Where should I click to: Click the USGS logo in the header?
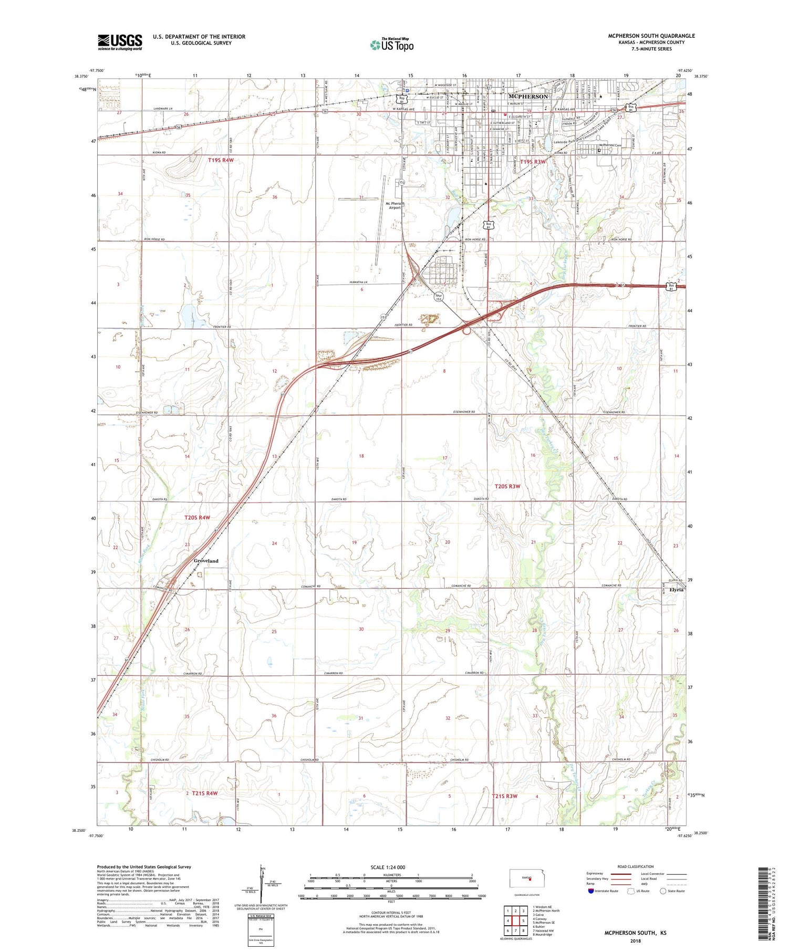(x=120, y=42)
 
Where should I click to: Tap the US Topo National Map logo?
(x=391, y=45)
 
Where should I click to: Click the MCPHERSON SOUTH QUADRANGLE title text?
(x=651, y=36)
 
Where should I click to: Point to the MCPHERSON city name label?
(x=528, y=97)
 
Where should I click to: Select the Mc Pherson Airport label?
(x=395, y=205)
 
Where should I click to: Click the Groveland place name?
(x=206, y=561)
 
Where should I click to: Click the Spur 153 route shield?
(x=439, y=297)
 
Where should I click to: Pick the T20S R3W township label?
(x=507, y=486)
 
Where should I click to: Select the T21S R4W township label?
(x=204, y=793)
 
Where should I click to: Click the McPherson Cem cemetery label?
(x=610, y=145)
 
